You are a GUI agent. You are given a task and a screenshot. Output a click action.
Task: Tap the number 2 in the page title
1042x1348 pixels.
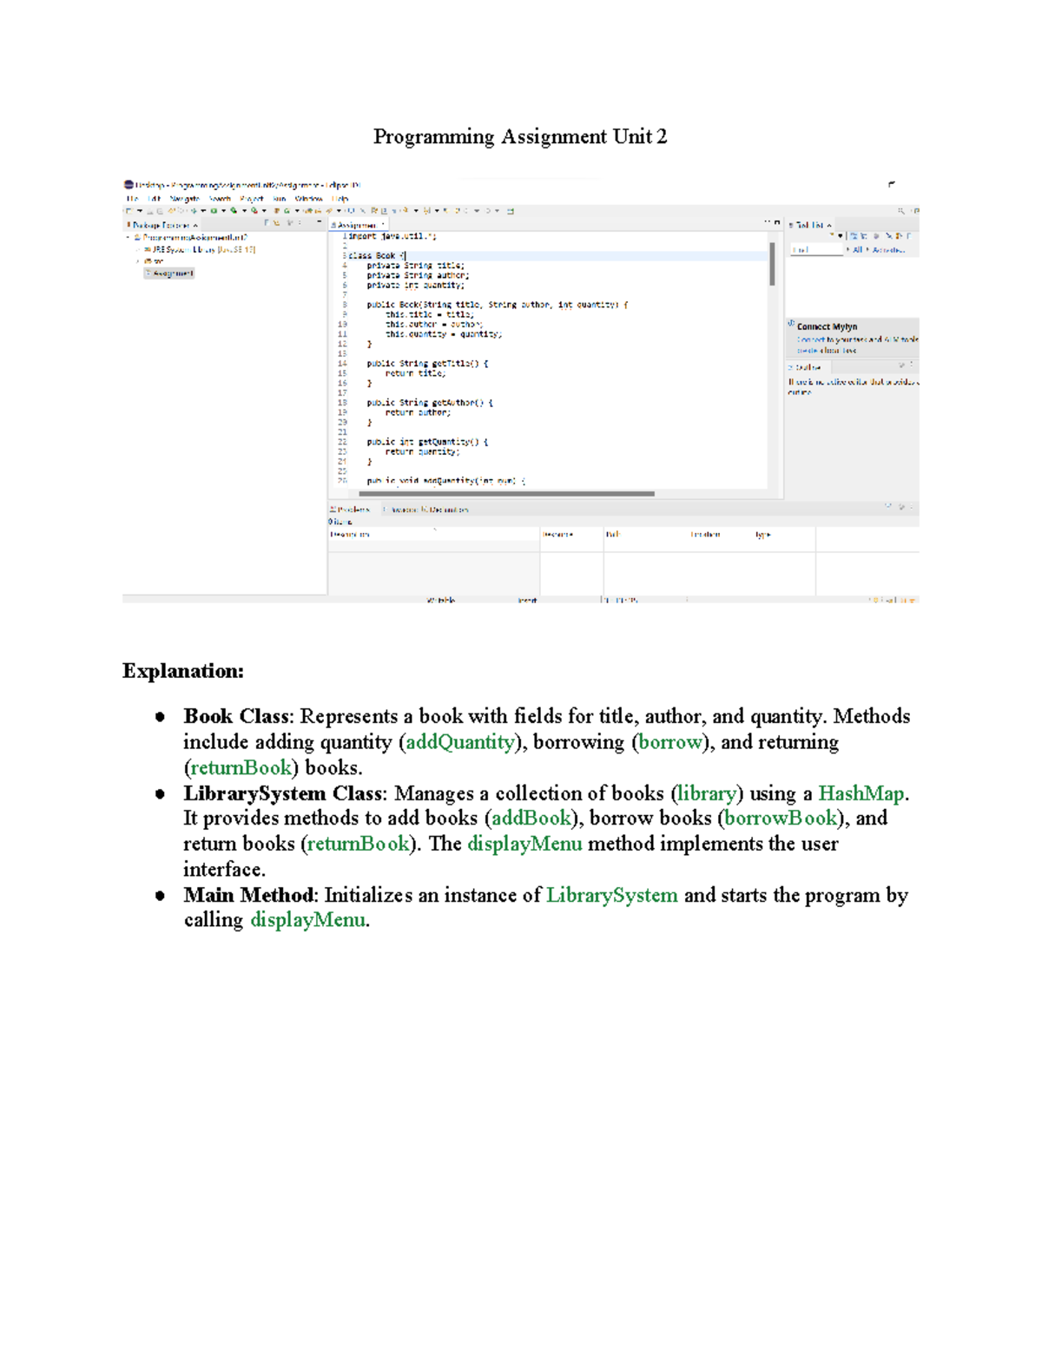(x=662, y=137)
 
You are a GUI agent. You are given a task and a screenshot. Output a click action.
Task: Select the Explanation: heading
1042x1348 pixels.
(x=183, y=671)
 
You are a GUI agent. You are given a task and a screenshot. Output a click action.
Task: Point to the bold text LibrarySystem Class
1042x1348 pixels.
(x=283, y=793)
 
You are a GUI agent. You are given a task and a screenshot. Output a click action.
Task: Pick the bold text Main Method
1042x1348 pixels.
(x=248, y=895)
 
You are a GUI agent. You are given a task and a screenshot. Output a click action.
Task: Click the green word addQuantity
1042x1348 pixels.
(x=460, y=742)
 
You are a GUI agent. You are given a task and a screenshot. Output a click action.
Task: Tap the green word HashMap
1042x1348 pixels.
(x=861, y=793)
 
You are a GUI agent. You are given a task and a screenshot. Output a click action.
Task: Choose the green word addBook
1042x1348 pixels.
(x=531, y=819)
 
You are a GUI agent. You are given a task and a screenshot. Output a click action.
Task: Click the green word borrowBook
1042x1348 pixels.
(x=781, y=819)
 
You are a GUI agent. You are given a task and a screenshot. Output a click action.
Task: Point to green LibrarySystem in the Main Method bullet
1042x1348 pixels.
(x=611, y=895)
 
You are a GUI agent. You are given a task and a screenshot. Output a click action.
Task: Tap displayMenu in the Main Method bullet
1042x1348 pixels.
(x=307, y=920)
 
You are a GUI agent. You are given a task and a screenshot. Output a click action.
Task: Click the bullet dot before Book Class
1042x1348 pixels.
(x=160, y=717)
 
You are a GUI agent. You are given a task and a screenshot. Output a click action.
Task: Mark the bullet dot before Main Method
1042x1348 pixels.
(x=160, y=896)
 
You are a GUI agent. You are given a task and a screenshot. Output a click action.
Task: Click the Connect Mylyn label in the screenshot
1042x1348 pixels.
(x=827, y=327)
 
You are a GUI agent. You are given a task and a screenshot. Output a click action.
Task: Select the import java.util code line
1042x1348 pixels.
(x=392, y=236)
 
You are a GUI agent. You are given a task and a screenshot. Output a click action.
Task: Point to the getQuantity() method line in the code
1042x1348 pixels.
(x=426, y=442)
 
